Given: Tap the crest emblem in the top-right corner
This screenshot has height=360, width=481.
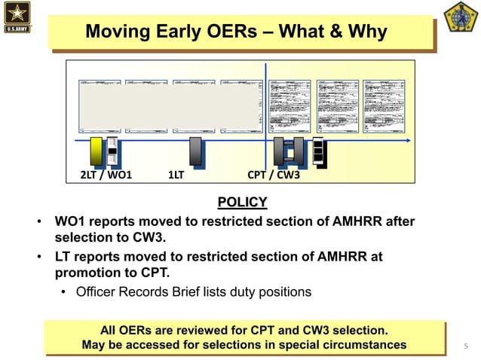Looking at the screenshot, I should click(461, 17).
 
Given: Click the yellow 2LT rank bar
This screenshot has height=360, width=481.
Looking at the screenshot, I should click(96, 151).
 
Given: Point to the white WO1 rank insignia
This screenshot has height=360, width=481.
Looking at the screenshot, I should click(112, 151).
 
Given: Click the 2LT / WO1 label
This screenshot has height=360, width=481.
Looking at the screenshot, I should click(106, 175).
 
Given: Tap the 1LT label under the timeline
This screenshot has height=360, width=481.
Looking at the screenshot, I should click(176, 175).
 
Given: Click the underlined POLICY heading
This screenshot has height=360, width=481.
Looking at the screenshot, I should click(242, 202).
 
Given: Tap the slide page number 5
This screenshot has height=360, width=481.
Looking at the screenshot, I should click(466, 346).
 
